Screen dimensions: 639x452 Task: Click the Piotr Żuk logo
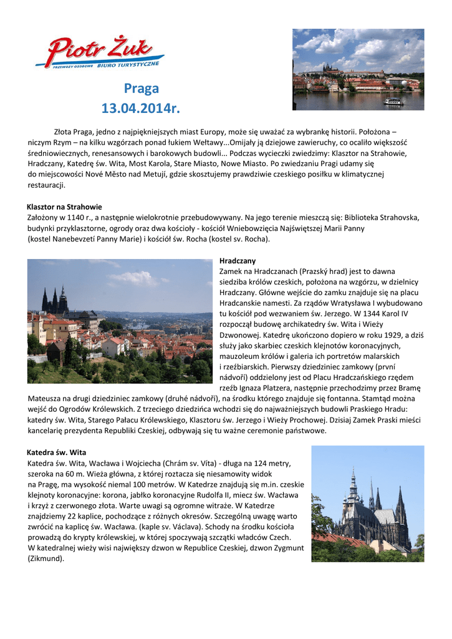pyautogui.click(x=100, y=52)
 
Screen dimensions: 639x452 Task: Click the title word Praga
pyautogui.click(x=141, y=89)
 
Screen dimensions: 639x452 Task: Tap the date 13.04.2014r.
pyautogui.click(x=140, y=109)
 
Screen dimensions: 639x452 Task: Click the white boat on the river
pyautogui.click(x=393, y=102)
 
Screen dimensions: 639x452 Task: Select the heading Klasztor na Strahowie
pyautogui.click(x=64, y=207)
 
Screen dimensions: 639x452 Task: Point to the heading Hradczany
pyautogui.click(x=238, y=260)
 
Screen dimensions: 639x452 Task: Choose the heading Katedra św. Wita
pyautogui.click(x=57, y=452)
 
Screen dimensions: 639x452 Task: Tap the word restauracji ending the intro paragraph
pyautogui.click(x=46, y=185)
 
